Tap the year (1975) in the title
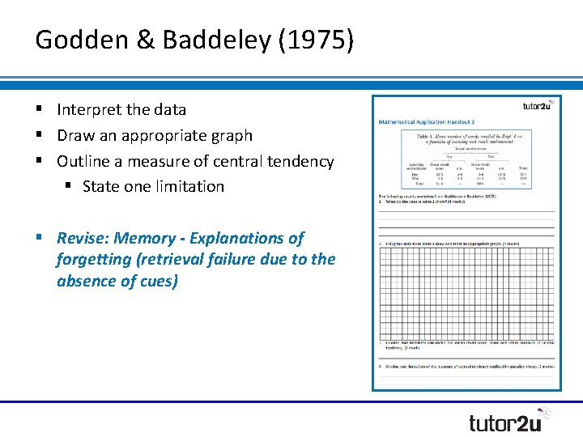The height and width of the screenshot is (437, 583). coord(316,40)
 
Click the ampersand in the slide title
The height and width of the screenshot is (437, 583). coord(146,40)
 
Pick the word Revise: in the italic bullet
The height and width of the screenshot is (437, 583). coord(83,238)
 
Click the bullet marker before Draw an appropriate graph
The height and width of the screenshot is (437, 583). coord(39,136)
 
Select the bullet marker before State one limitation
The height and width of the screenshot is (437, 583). coord(70,186)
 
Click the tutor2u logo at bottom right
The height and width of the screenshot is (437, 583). coord(509,422)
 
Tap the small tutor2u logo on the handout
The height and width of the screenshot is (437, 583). coord(538,105)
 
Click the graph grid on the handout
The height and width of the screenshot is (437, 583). coord(466,291)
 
